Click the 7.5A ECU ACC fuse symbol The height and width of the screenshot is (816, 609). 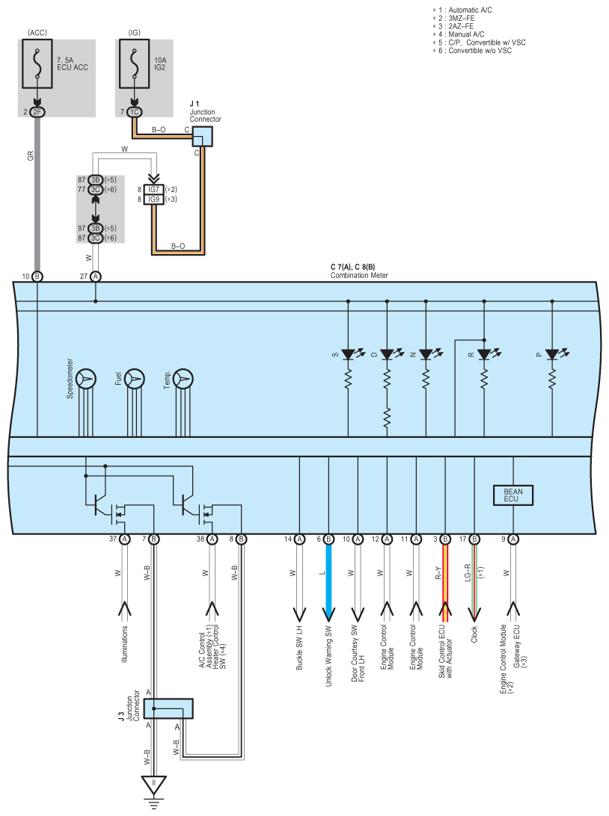(37, 64)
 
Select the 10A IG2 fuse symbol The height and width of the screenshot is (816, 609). (134, 64)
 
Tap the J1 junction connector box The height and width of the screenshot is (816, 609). (202, 136)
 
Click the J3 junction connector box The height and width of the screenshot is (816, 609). (168, 709)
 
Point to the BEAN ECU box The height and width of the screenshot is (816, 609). (513, 495)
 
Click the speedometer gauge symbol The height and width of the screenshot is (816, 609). (86, 379)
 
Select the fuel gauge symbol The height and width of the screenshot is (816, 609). (135, 379)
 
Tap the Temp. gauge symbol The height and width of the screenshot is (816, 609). (183, 379)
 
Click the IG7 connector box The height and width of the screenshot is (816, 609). (153, 190)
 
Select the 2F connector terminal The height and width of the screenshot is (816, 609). (37, 112)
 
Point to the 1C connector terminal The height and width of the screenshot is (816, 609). (134, 112)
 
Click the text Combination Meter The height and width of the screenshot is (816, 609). (359, 275)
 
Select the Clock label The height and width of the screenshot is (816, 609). (474, 634)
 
